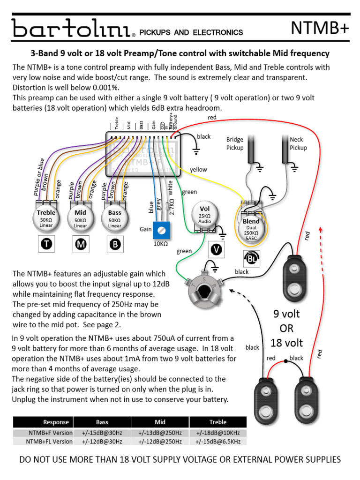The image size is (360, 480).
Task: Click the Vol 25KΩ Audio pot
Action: click(x=205, y=215)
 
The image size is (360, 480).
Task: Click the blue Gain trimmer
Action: click(x=162, y=230)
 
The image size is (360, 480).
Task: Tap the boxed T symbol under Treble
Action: click(x=46, y=244)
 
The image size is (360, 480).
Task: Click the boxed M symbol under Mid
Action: click(x=80, y=244)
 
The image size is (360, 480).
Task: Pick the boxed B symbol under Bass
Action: click(x=114, y=244)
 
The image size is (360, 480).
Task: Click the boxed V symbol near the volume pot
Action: click(x=216, y=249)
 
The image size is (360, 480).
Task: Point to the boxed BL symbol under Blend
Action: click(x=251, y=257)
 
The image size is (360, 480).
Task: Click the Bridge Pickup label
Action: click(x=235, y=143)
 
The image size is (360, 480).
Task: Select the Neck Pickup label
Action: click(x=298, y=143)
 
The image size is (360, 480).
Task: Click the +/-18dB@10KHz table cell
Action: click(x=217, y=432)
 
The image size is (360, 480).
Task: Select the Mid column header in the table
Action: click(x=160, y=422)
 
